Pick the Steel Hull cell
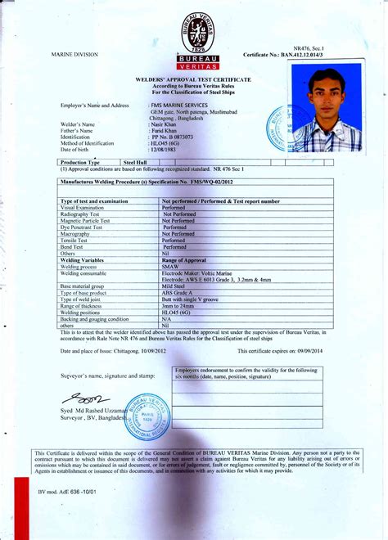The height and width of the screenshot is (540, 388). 134,163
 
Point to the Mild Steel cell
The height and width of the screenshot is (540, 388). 176,286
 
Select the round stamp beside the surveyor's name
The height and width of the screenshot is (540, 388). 149,417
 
